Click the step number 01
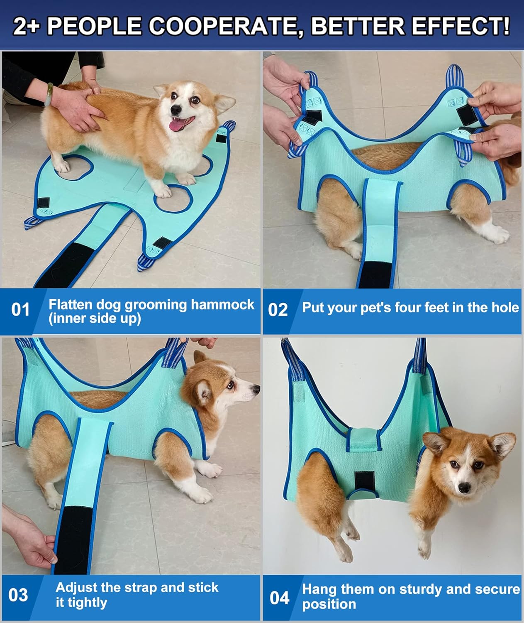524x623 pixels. (x=20, y=310)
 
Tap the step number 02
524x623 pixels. (x=278, y=310)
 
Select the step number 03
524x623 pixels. (x=18, y=595)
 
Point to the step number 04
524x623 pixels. (x=279, y=598)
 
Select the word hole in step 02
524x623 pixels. (x=505, y=307)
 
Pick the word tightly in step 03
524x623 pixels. (x=81, y=602)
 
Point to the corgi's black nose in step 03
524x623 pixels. (x=256, y=389)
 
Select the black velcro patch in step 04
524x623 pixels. (x=365, y=481)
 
